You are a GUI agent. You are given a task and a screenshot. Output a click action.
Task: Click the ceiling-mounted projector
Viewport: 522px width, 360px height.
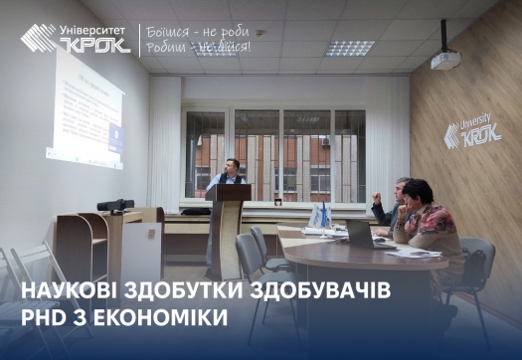point(444,60)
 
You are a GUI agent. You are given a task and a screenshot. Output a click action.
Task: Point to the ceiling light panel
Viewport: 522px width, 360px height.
point(350,47)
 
